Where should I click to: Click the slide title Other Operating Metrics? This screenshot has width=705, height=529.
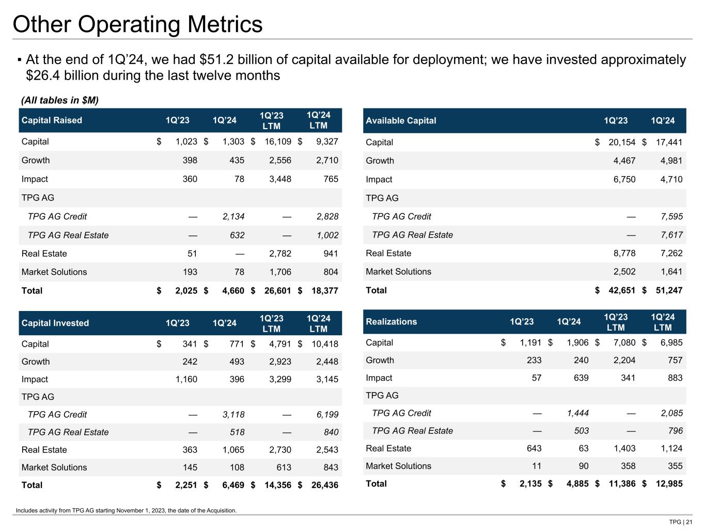[137, 24]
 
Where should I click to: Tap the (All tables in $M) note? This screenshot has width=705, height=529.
[59, 100]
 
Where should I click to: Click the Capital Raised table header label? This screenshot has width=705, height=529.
[52, 120]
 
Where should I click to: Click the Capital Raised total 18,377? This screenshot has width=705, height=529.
[324, 291]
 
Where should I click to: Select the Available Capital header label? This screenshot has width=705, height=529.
[401, 120]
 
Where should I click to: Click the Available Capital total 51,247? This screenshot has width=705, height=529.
[668, 290]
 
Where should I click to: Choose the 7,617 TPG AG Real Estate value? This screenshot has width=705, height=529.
[671, 235]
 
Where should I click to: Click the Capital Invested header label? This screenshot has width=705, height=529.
[55, 323]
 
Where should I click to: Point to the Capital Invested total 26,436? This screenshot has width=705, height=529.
[324, 485]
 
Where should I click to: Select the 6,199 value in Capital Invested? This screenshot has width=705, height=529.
[327, 414]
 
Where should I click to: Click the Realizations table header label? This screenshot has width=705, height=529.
[391, 322]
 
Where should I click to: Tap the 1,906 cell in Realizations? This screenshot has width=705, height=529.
[577, 343]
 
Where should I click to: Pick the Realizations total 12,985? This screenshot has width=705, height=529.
[668, 484]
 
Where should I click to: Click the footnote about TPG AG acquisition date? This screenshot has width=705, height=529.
[126, 510]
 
